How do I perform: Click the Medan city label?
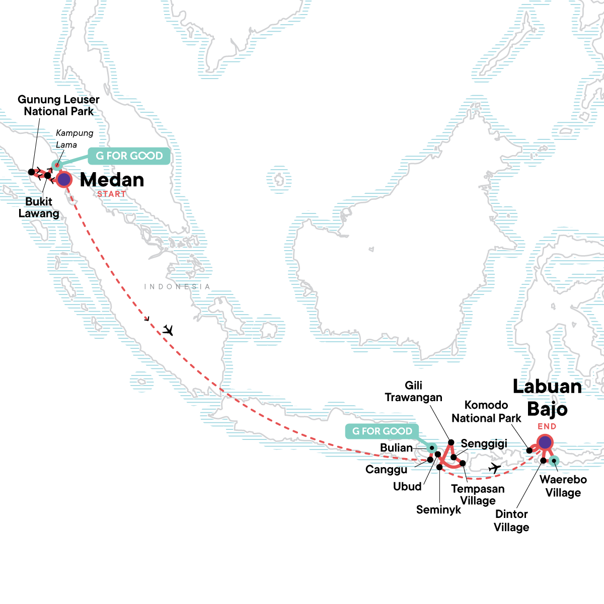[112, 180]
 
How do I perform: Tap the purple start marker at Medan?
[64, 179]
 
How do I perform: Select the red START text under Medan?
[111, 194]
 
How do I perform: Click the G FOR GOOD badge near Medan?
[129, 156]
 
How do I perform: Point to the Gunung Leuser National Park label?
[58, 106]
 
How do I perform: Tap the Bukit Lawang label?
[39, 207]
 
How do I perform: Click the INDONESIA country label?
[177, 286]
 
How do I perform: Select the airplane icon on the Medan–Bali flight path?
[168, 330]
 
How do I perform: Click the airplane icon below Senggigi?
[495, 468]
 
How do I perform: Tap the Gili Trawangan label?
[413, 392]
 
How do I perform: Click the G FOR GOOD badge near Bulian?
[382, 431]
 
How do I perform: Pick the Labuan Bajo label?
[547, 398]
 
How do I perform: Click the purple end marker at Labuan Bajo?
[545, 442]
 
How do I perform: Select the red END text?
[547, 426]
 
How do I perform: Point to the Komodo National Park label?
[486, 412]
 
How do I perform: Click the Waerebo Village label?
[563, 486]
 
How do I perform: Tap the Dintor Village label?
[511, 520]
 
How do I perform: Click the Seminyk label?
[438, 509]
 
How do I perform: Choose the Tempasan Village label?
[478, 494]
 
